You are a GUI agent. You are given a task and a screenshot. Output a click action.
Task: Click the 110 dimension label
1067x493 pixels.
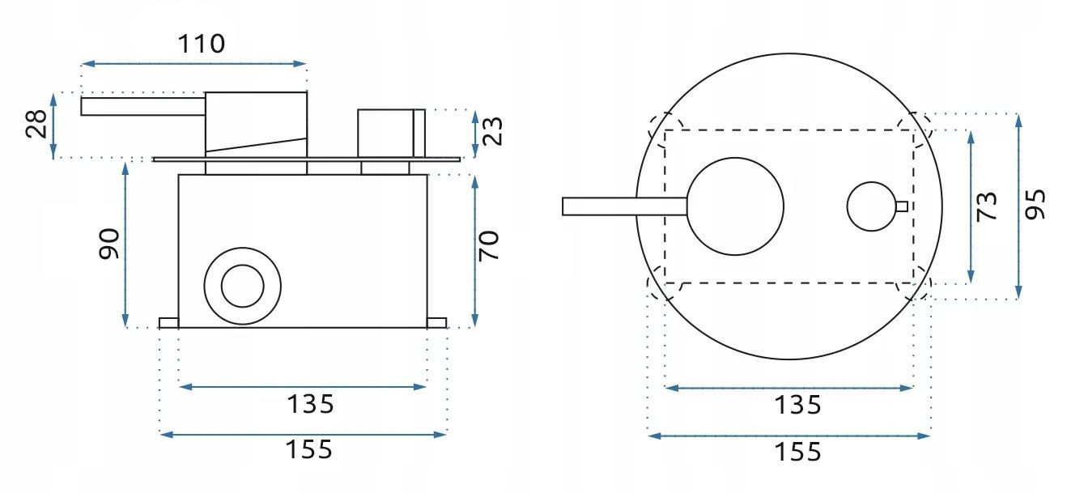point(202,43)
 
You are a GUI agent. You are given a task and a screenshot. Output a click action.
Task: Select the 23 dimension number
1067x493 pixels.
point(494,130)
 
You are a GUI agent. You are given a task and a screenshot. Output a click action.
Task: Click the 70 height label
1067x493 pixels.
point(490,245)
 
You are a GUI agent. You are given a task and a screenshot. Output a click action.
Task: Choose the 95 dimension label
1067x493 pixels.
point(1035,204)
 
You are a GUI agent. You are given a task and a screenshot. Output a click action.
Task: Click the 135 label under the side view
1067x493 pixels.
point(309,403)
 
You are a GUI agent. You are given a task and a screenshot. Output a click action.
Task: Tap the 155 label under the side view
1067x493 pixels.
point(309,449)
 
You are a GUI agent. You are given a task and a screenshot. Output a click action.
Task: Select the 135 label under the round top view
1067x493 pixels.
point(797,404)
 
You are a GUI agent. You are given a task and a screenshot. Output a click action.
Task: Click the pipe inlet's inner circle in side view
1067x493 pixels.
point(242,286)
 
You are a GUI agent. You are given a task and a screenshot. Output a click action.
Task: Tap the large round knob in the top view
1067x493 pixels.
point(736,206)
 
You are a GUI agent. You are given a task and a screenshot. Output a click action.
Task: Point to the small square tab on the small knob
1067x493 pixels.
point(901,206)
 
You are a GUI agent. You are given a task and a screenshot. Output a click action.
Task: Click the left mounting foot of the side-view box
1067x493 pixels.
point(168,323)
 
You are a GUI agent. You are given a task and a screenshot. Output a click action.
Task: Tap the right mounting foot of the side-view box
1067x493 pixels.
point(436,323)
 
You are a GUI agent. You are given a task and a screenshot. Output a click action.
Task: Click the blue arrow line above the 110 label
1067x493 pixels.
point(194,63)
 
